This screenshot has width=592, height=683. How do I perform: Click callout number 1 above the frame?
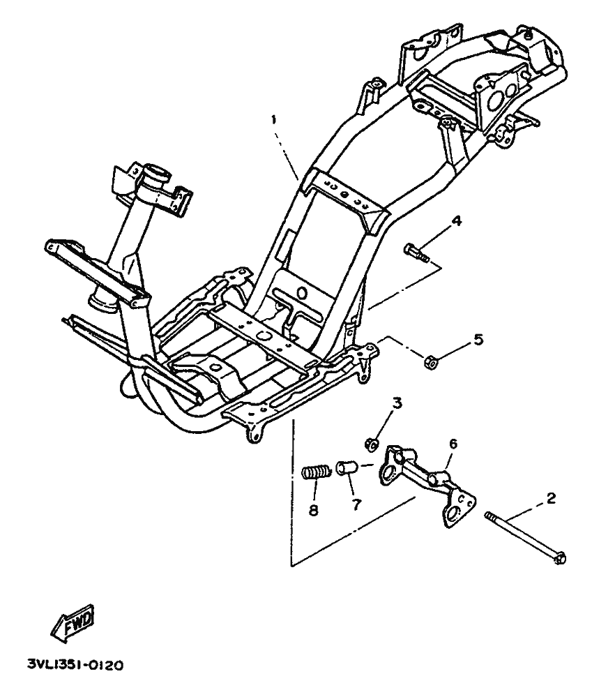tap(274, 120)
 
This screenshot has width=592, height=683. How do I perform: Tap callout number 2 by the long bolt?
tap(551, 498)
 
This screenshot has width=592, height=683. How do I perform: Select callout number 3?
tap(397, 403)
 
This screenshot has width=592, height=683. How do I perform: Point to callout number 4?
tap(456, 221)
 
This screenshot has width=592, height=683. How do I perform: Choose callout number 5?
tap(478, 339)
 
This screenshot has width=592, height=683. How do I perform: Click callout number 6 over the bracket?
tap(453, 444)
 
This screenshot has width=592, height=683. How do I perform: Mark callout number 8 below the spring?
tap(313, 510)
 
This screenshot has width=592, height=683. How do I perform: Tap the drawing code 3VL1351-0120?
tap(75, 665)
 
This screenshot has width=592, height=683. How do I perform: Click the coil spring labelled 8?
tap(317, 472)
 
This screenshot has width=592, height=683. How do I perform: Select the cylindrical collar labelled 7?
tap(347, 468)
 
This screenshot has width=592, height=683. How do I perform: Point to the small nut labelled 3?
tap(371, 444)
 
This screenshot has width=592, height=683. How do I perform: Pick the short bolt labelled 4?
tap(416, 253)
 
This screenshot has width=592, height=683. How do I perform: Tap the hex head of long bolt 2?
tap(561, 557)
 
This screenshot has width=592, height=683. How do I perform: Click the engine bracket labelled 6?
tap(427, 483)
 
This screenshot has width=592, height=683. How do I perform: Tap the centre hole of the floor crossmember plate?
tap(262, 335)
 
